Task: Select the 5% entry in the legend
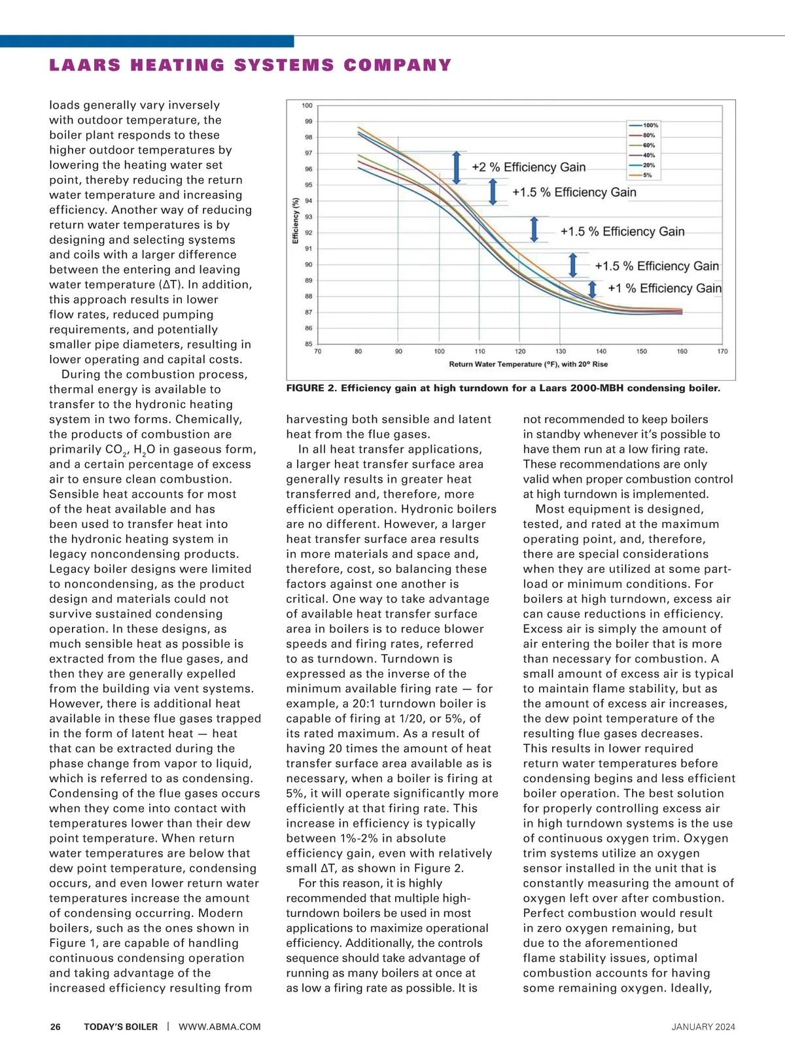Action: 647,175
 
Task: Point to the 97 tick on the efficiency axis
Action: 309,153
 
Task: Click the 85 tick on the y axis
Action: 309,344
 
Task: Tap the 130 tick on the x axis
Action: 561,351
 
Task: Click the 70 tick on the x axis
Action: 318,351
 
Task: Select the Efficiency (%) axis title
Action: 296,220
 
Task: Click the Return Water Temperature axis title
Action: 528,364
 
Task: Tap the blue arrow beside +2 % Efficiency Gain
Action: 457,167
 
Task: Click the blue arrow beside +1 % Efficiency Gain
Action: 593,288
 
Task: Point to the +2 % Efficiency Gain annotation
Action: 529,167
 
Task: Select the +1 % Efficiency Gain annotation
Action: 665,288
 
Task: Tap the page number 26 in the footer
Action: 56,1027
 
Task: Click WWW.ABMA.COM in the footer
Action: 219,1027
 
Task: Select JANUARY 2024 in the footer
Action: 703,1027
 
